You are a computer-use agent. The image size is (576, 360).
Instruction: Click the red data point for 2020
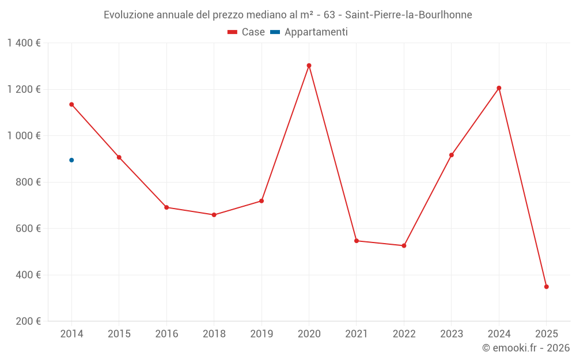pos(309,66)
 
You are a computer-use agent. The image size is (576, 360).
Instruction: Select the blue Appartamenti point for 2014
pos(71,160)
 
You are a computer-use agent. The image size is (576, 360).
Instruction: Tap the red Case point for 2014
pos(71,104)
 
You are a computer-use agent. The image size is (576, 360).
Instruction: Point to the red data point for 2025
pos(546,287)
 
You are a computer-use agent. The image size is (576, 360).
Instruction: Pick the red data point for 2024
pos(499,88)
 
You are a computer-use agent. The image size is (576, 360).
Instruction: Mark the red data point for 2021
pos(357,241)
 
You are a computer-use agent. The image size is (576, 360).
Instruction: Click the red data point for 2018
pos(214,215)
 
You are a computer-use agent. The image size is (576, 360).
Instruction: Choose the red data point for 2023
pos(452,155)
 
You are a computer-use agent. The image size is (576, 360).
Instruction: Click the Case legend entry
pos(247,32)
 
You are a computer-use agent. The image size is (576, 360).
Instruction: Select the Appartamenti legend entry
pos(310,32)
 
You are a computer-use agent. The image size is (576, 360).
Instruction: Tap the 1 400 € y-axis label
pos(24,43)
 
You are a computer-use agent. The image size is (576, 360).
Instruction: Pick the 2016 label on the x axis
pos(166,334)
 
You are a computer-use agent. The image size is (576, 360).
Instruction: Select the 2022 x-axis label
pos(404,334)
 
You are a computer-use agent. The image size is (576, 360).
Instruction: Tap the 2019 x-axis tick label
pos(262,334)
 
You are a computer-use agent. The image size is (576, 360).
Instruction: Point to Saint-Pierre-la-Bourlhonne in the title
pos(408,15)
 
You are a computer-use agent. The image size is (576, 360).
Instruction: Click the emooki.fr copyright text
pos(526,348)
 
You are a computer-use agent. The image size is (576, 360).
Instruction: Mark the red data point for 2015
pos(119,157)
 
